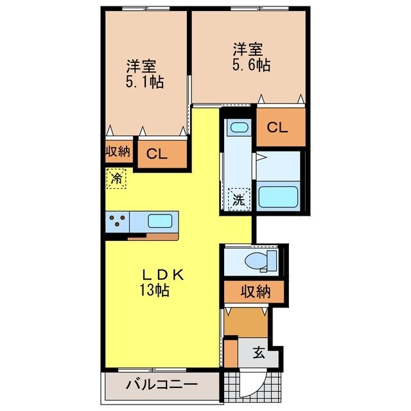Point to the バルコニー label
click(161, 386)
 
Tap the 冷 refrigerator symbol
click(116, 178)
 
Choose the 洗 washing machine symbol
click(238, 199)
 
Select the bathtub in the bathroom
click(277, 196)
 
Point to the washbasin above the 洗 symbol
click(238, 128)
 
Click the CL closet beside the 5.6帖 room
click(277, 127)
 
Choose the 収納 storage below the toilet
click(255, 292)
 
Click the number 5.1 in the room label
click(137, 83)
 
